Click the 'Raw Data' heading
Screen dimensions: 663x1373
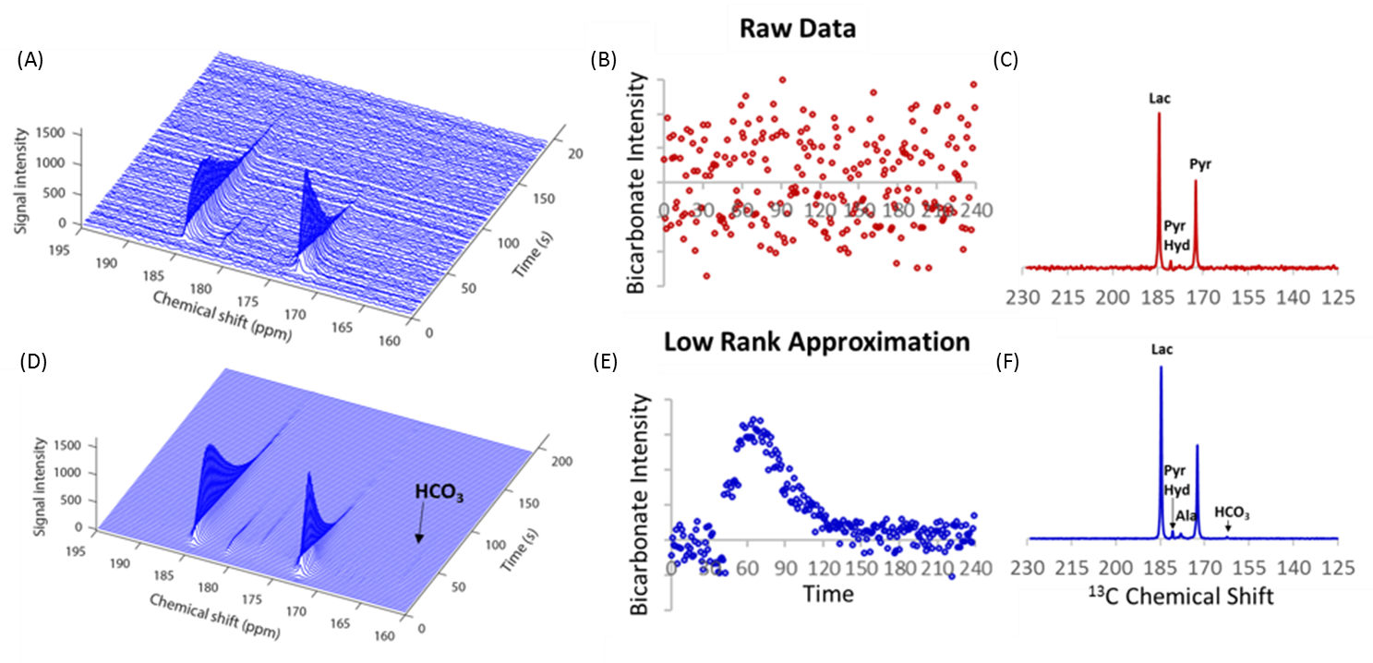click(798, 29)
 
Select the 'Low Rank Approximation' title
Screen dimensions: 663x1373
click(816, 342)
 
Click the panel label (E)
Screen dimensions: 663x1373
click(606, 362)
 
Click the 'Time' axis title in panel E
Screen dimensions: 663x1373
click(827, 594)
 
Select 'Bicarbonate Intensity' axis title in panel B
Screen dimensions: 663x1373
click(637, 183)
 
